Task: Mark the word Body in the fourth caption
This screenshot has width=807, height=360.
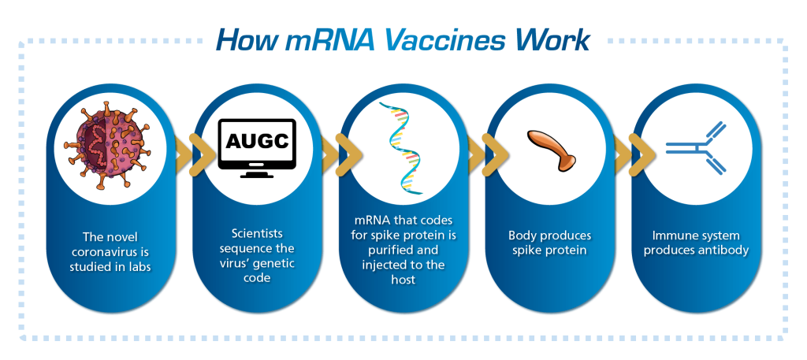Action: pyautogui.click(x=522, y=236)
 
